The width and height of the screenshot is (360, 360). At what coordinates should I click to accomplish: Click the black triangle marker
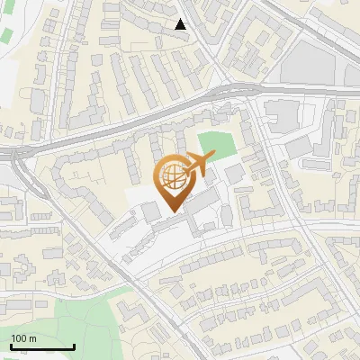click(x=181, y=24)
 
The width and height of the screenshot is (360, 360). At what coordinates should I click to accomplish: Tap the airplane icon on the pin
click(x=198, y=163)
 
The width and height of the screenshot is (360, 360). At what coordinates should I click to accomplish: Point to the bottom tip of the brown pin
click(x=172, y=211)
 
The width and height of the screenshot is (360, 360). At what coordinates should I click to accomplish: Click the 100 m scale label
click(x=23, y=338)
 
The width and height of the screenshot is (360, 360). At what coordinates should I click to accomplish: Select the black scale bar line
click(x=42, y=346)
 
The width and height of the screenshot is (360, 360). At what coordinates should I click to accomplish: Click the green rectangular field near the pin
click(x=217, y=145)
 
